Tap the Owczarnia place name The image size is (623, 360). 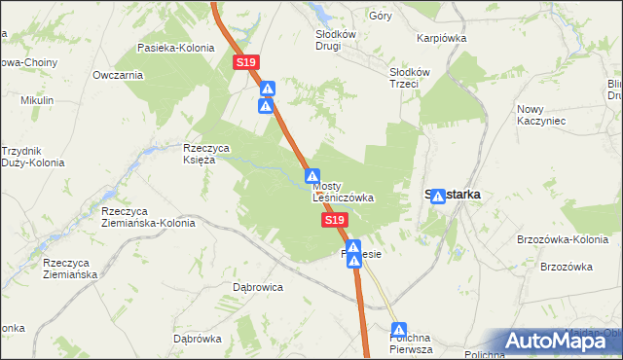click(118, 75)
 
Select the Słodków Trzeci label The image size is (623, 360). click(410, 78)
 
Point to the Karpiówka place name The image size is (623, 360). click(442, 39)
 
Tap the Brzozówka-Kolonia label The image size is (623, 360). click(564, 239)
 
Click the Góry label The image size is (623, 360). click(380, 16)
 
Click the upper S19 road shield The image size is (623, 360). click(246, 62)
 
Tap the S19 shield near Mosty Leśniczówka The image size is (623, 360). click(334, 221)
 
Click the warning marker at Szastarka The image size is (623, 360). click(438, 196)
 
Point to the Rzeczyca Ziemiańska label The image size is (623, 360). click(71, 270)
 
